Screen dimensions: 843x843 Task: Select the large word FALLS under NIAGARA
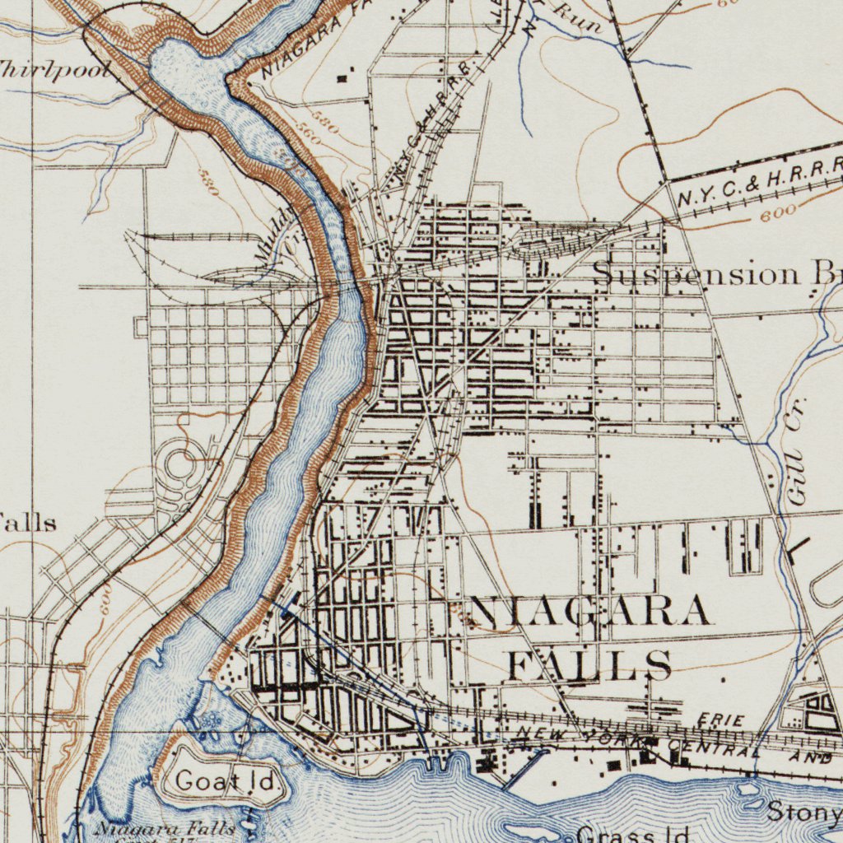click(589, 664)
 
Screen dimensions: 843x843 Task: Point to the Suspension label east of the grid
click(696, 273)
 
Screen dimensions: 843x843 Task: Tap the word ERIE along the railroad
click(720, 721)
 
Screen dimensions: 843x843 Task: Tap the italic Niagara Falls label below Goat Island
click(164, 828)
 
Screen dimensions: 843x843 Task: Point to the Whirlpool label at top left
click(54, 70)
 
